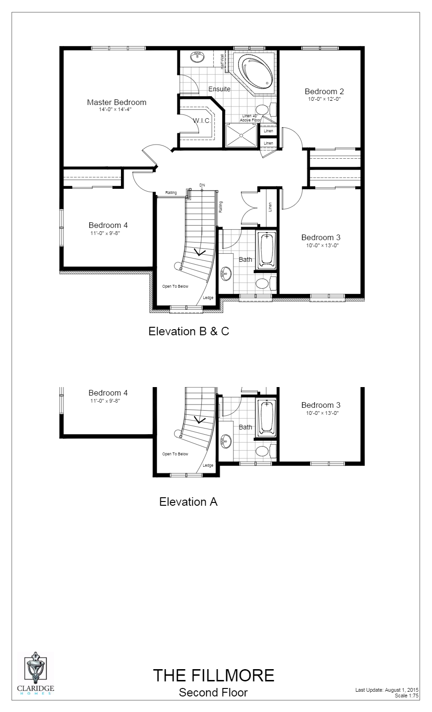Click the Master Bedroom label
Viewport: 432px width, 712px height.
(x=116, y=102)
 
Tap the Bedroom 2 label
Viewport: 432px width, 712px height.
(x=324, y=91)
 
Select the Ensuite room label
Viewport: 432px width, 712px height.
(x=219, y=89)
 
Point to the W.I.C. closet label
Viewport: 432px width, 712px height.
(x=201, y=121)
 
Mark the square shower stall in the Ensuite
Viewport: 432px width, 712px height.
(x=241, y=135)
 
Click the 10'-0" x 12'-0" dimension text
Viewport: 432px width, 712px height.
(x=324, y=99)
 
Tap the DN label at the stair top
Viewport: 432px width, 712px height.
(x=202, y=185)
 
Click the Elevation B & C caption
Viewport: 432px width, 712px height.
(x=189, y=331)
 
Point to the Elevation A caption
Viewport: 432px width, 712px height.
(x=188, y=502)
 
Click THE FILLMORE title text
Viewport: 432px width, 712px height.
(x=213, y=675)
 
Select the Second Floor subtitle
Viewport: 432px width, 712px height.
(x=213, y=692)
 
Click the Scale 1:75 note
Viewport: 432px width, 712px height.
(x=407, y=696)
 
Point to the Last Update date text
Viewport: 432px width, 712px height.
(x=386, y=690)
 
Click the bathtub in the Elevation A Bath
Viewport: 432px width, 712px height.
(x=266, y=417)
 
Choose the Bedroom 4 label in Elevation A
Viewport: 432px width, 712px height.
(x=108, y=393)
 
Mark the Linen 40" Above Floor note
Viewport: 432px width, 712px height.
(x=250, y=118)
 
